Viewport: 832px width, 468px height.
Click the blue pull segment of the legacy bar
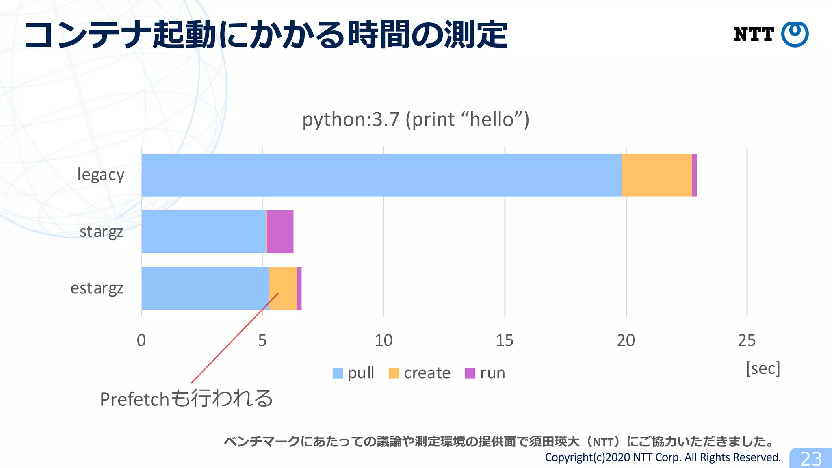tap(381, 175)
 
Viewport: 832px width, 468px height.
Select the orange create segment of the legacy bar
tap(656, 175)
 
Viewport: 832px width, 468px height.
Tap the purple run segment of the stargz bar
tap(280, 232)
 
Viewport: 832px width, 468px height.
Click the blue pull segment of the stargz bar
tap(203, 232)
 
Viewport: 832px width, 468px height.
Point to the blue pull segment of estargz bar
tap(205, 288)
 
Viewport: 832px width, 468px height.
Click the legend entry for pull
tap(353, 373)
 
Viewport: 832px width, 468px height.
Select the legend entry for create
tap(420, 373)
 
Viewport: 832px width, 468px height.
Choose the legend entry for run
tap(485, 373)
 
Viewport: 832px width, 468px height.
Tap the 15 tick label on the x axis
tap(505, 340)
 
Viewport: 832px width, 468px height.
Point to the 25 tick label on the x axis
tap(747, 340)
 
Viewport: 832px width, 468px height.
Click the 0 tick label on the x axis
tap(141, 340)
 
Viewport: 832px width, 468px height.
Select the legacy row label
tap(101, 175)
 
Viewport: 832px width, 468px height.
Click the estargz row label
tap(97, 288)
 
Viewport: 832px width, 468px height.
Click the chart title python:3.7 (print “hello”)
tap(416, 119)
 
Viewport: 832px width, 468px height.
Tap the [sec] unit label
tap(763, 368)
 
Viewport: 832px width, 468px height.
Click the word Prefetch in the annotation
tap(134, 399)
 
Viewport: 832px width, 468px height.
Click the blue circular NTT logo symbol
tap(795, 34)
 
